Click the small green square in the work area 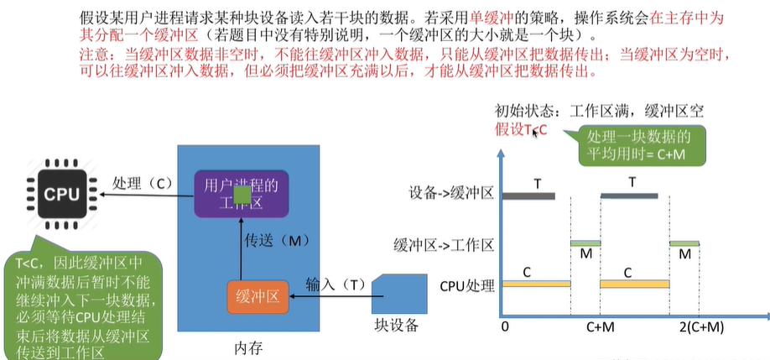(x=241, y=196)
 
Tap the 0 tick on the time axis (x=503, y=326)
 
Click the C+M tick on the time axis (x=601, y=326)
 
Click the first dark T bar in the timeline (x=528, y=196)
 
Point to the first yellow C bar (x=536, y=284)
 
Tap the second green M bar (x=684, y=243)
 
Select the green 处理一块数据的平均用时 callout (x=634, y=147)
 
